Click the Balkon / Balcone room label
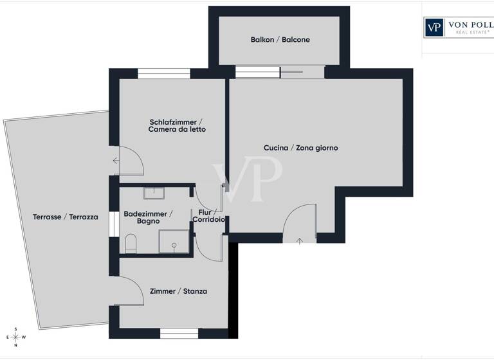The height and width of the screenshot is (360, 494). point(280,40)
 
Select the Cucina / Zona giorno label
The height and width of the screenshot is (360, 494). point(300,148)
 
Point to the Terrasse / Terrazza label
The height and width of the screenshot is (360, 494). point(65,217)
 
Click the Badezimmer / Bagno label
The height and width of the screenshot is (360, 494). point(147,217)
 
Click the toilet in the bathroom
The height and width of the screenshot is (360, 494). point(131,243)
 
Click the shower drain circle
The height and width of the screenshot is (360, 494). point(174,246)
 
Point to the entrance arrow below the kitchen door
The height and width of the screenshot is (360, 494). point(300,241)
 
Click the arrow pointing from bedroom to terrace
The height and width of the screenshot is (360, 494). point(116,161)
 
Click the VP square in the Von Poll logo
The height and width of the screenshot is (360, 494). point(435,27)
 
